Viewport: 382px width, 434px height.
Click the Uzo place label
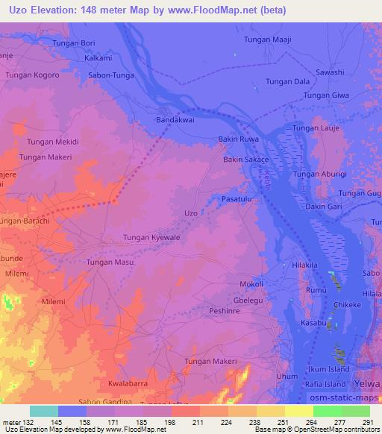[x=190, y=213]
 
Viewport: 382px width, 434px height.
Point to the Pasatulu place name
[x=239, y=200]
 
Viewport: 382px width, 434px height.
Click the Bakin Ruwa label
[x=238, y=139]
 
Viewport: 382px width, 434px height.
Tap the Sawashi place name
[x=330, y=72]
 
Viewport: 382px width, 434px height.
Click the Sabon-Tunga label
[x=110, y=75]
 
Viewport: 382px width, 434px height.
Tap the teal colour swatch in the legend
[x=44, y=411]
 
